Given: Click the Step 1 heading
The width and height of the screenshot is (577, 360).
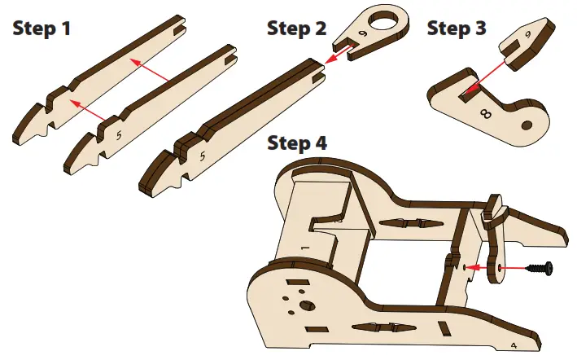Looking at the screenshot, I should coord(42,29).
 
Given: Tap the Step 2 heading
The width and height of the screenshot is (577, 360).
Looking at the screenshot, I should coord(297,29).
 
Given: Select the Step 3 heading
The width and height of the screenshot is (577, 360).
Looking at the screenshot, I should coord(457,29).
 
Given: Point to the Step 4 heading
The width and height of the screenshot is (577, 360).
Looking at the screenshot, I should coord(297,144).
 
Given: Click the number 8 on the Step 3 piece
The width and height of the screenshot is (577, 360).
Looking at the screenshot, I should coord(487,115).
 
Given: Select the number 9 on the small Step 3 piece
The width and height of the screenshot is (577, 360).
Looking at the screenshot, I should coord(527,35).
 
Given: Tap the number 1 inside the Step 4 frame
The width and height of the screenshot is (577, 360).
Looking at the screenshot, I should coord(304,245).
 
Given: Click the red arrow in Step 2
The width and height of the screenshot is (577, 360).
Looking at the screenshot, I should coord(338,55).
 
